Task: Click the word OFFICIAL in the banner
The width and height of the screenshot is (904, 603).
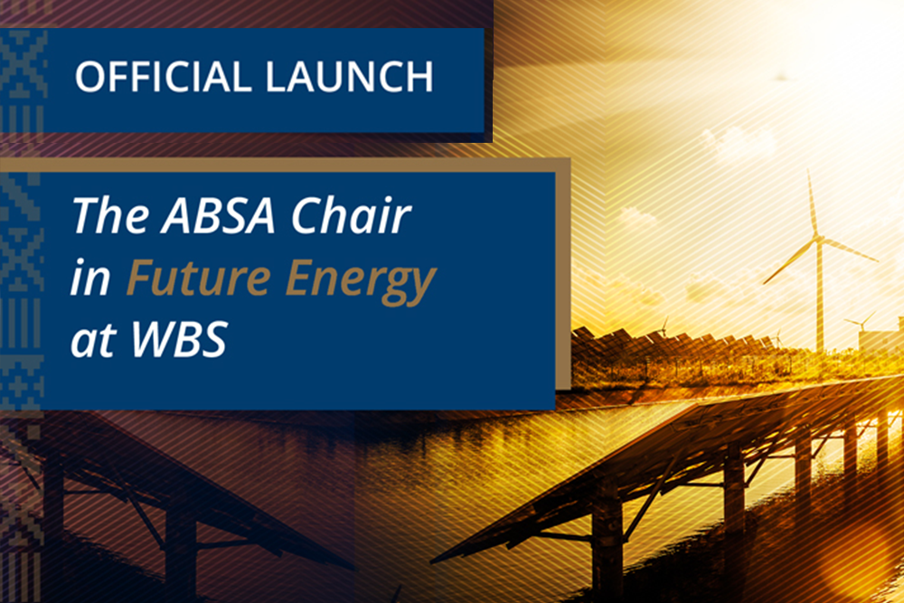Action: [x=163, y=77]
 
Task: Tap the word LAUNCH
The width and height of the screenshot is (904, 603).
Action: [x=349, y=77]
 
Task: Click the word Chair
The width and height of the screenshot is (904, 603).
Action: [x=351, y=214]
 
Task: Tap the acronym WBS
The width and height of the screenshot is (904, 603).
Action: [x=179, y=339]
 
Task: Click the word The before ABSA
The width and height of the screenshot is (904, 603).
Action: [x=110, y=214]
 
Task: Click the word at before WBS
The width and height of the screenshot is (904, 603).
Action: [x=93, y=340]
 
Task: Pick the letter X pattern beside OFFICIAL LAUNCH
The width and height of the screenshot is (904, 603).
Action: [x=24, y=56]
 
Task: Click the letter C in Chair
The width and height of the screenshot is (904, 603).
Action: [x=306, y=215]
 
